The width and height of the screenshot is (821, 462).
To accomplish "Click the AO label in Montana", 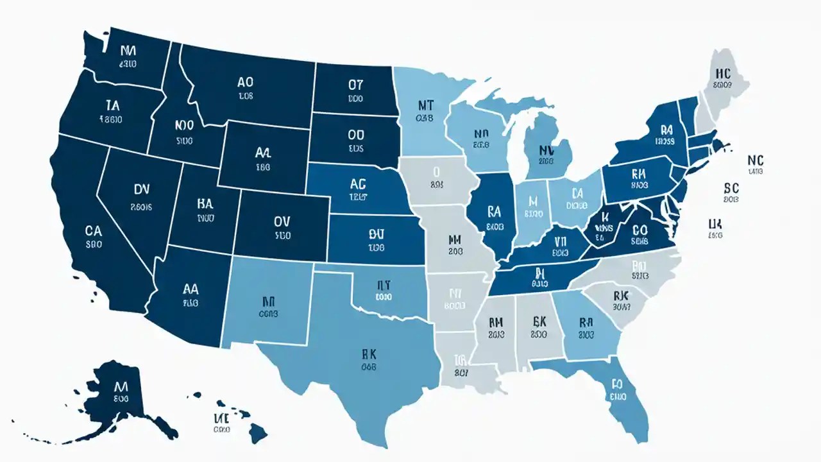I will click(x=245, y=83).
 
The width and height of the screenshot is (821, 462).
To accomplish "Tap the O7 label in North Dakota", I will click(x=356, y=85).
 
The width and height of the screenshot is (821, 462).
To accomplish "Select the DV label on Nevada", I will click(x=142, y=189).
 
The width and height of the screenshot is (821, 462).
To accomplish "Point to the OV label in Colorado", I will click(x=282, y=221).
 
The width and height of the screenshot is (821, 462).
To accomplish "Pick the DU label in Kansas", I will click(x=376, y=234).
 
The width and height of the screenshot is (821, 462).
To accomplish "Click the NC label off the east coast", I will click(x=756, y=159).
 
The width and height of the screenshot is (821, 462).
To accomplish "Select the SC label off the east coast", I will click(x=731, y=188).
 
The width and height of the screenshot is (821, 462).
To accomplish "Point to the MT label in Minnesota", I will click(x=426, y=105).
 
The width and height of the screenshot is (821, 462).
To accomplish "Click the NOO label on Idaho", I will click(x=185, y=126).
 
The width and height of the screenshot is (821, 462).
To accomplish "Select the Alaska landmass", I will click(x=122, y=395).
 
